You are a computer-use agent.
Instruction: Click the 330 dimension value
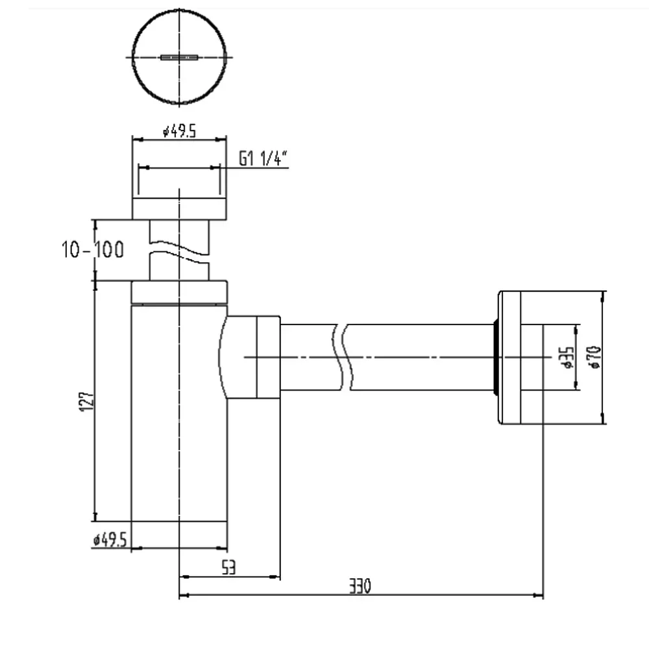[360, 585]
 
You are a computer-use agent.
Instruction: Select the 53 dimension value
[229, 567]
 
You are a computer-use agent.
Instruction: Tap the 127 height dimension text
[88, 401]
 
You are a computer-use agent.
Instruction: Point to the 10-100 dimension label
[93, 250]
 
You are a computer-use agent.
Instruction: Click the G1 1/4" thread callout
[263, 158]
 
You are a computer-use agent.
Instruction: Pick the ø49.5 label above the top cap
[180, 131]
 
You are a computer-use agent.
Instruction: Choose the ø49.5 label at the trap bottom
[110, 539]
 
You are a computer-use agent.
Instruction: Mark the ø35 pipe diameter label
[567, 358]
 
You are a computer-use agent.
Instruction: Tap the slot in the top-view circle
[179, 57]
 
